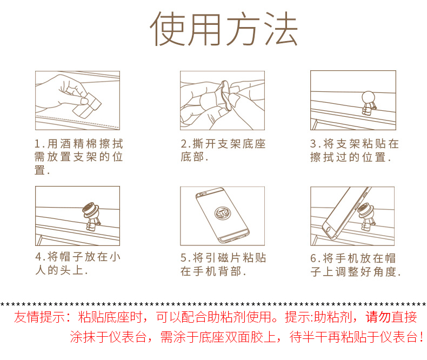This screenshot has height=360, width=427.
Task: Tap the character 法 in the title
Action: click(x=281, y=29)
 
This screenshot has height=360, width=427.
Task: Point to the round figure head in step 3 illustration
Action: click(x=368, y=97)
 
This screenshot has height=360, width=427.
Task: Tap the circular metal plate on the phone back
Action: click(x=223, y=212)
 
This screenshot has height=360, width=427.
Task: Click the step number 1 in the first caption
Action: click(x=38, y=144)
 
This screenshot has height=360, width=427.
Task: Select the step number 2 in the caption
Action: click(x=184, y=144)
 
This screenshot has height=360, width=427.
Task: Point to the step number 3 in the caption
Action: click(x=313, y=144)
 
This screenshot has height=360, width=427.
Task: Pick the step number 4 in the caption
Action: click(x=39, y=257)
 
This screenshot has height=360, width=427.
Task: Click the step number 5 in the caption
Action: click(x=184, y=258)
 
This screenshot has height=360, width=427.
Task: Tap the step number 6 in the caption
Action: click(x=313, y=258)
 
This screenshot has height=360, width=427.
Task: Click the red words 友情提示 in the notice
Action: click(x=40, y=317)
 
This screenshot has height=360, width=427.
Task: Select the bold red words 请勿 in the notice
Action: click(x=378, y=317)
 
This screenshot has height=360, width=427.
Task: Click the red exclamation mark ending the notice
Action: click(x=422, y=337)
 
